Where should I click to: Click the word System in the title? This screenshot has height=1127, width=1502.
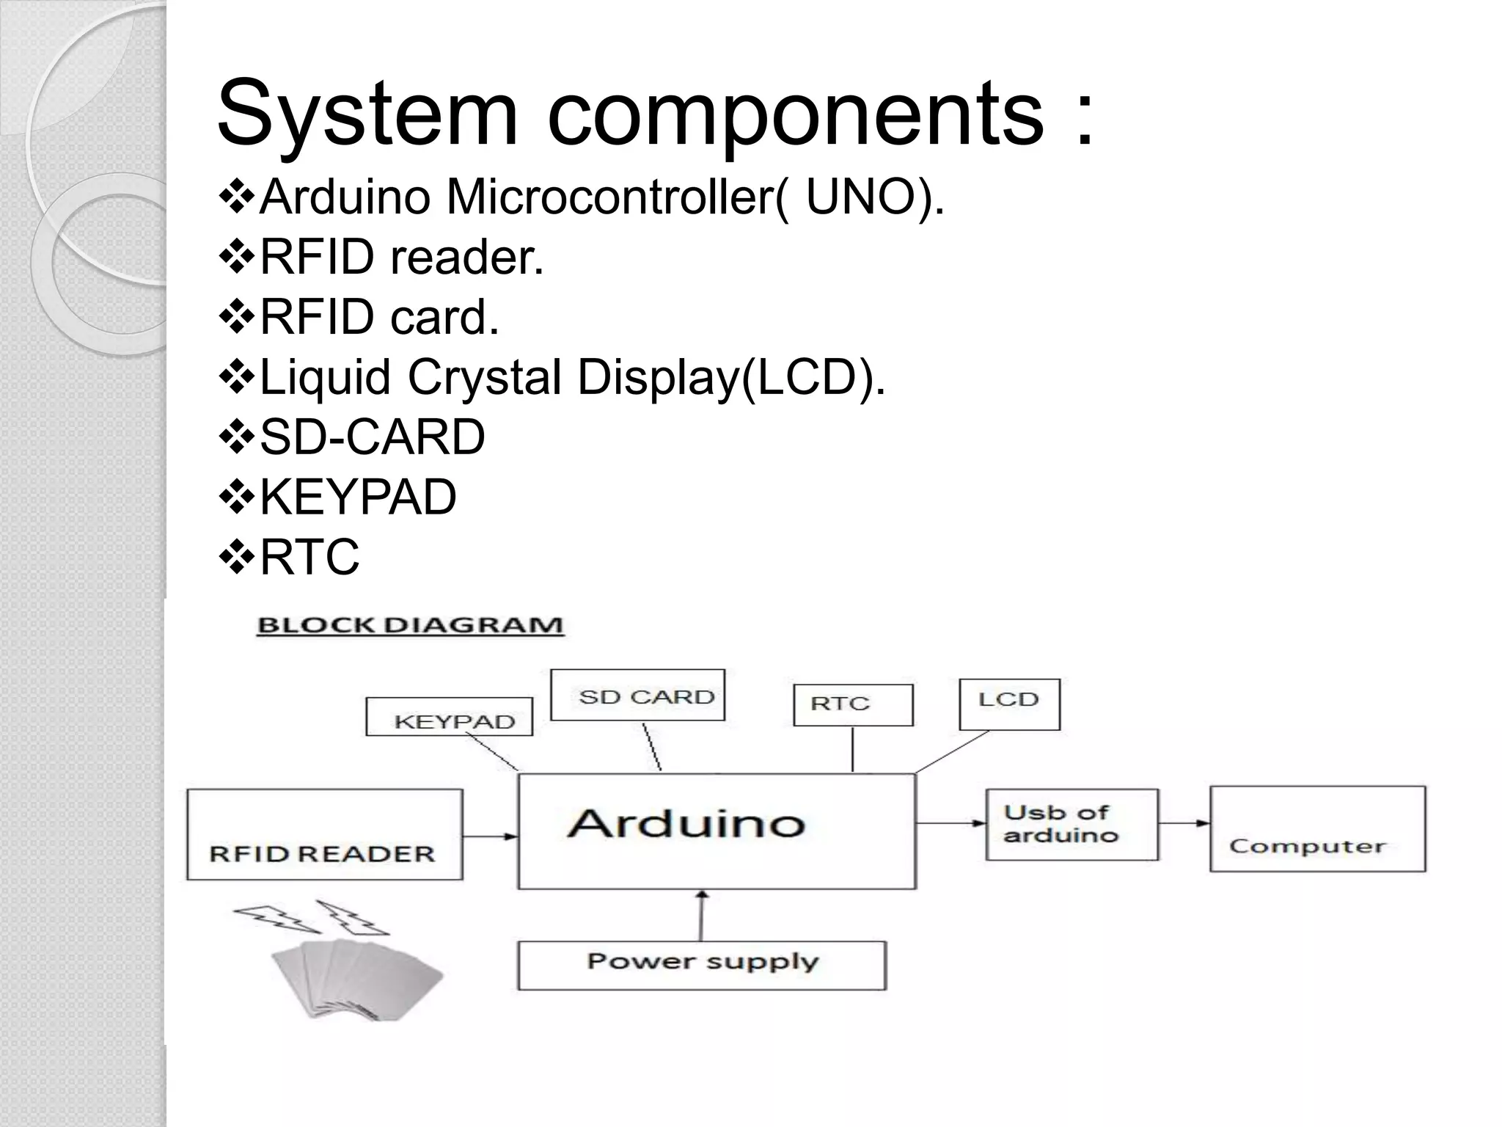[367, 114]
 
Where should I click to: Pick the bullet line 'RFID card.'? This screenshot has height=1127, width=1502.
[379, 317]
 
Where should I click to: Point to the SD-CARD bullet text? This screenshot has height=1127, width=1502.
[372, 437]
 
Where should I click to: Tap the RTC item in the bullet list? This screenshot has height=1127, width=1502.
[309, 557]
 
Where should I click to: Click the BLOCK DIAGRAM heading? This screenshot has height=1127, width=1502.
[410, 626]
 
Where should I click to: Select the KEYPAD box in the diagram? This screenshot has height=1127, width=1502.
[449, 717]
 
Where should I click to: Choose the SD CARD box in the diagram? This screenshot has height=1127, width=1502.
[637, 695]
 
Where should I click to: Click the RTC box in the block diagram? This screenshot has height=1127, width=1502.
[853, 705]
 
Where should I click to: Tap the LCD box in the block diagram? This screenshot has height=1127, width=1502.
[1009, 704]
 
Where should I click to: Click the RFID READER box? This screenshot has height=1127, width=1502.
[324, 834]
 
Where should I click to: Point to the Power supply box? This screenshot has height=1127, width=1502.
[702, 966]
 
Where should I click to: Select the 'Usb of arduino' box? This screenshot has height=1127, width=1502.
[1071, 825]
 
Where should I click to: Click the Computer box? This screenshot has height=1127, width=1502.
[1317, 829]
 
